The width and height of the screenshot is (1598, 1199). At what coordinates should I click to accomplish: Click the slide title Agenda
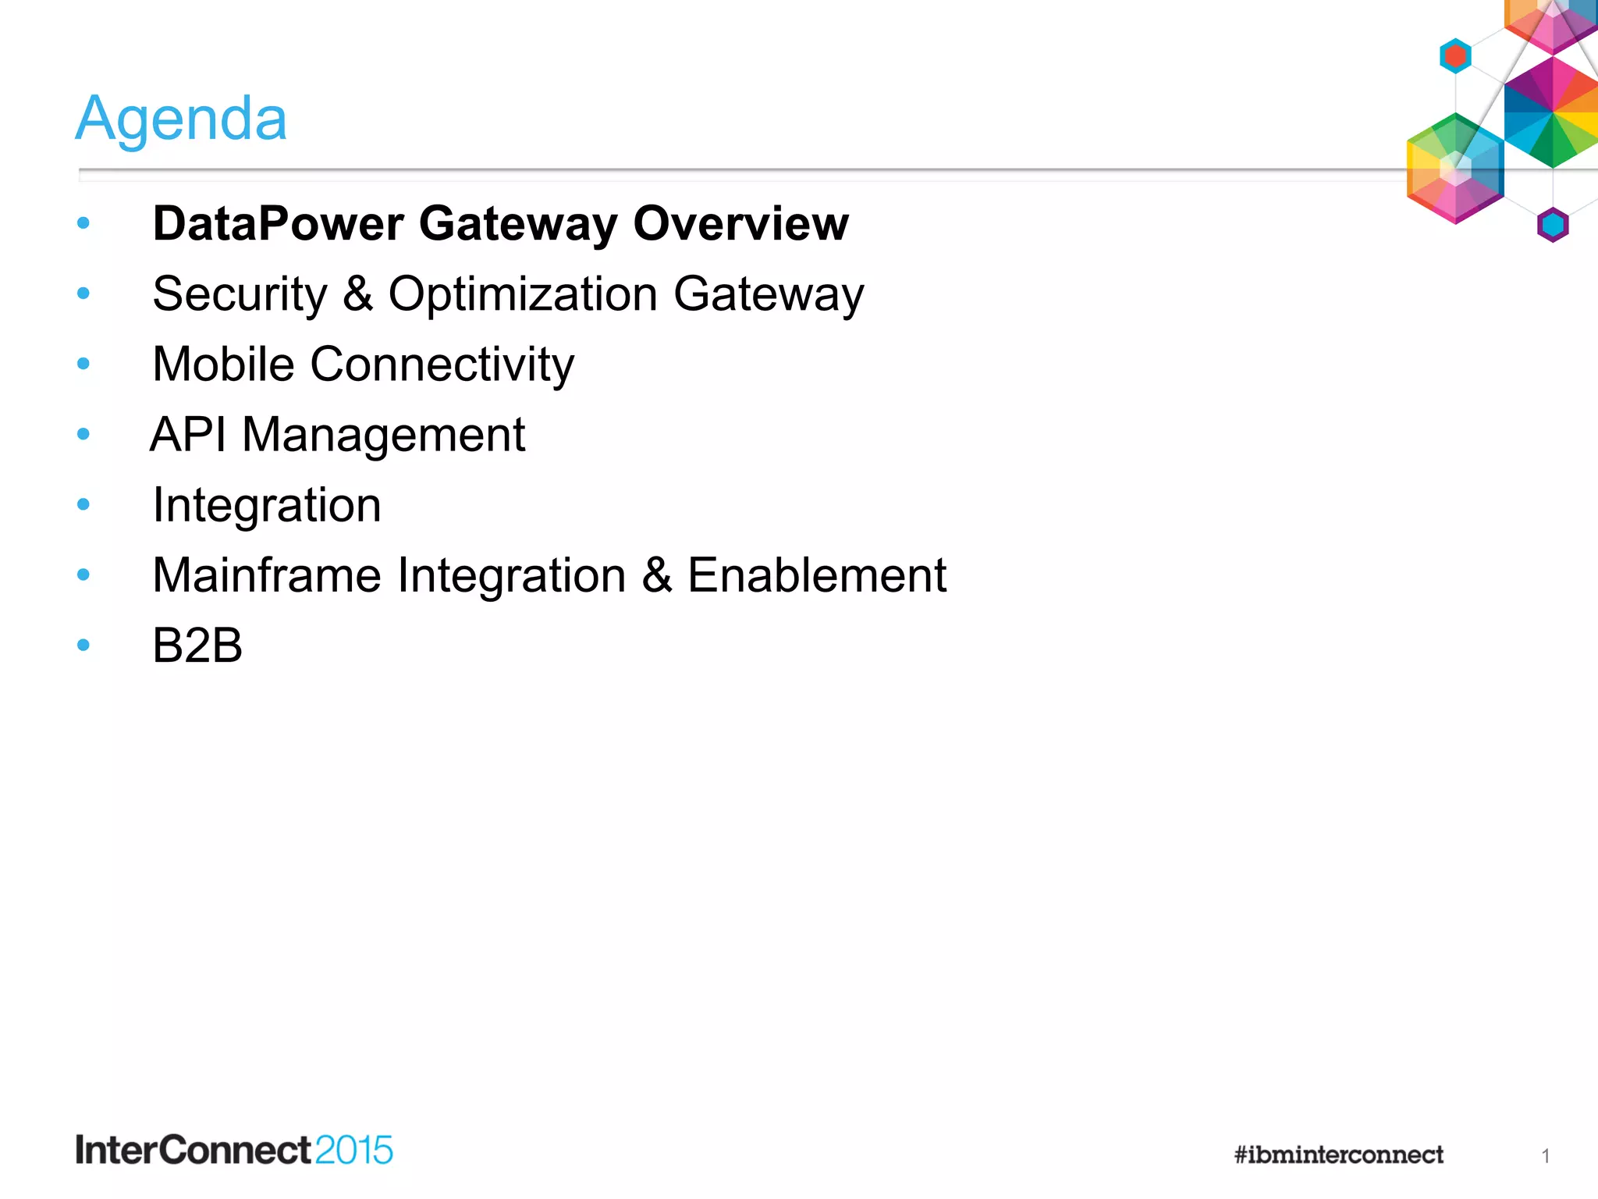181,119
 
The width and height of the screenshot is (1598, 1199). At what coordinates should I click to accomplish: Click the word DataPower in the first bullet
278,224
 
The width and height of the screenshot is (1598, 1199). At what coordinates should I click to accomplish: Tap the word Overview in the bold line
740,224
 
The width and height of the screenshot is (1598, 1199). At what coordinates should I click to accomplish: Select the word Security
240,295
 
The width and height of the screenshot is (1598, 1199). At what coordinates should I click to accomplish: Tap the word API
188,435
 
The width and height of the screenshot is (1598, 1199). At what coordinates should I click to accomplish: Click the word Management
383,436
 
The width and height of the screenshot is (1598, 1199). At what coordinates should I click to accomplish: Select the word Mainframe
267,576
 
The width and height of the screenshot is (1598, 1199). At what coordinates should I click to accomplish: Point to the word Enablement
816,576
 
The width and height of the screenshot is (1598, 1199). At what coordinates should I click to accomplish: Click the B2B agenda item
197,646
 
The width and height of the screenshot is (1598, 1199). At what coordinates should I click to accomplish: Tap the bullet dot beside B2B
83,646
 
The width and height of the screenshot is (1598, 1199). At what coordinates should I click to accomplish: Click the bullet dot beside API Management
83,434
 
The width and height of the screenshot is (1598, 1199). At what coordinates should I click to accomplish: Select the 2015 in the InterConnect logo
354,1151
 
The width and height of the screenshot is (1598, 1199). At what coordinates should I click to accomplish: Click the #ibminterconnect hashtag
1339,1155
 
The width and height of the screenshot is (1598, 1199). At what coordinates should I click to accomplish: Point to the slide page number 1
1545,1156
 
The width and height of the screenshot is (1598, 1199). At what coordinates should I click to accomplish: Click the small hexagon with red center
1455,56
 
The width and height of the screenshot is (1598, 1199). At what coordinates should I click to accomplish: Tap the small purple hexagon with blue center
1553,226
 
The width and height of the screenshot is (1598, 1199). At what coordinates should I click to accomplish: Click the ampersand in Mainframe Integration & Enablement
657,576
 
